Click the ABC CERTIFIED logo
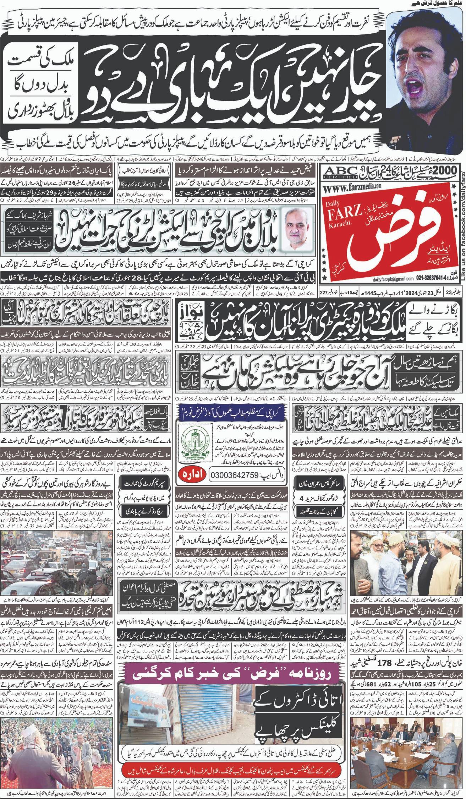pyautogui.click(x=341, y=172)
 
